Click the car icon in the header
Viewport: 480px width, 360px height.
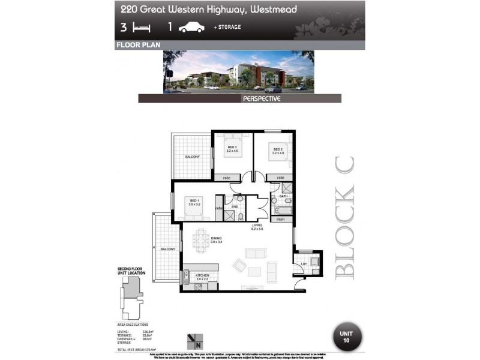point(191,27)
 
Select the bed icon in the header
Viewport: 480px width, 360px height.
point(142,27)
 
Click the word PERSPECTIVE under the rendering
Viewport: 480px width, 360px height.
point(261,98)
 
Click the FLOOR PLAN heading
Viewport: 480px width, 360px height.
point(135,45)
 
